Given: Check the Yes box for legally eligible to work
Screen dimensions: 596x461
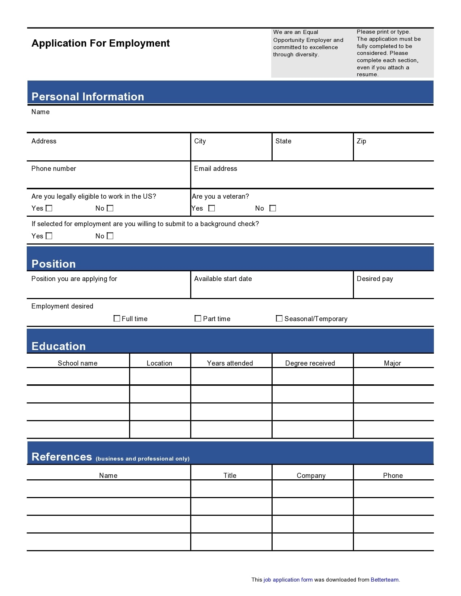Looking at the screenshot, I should (49, 208).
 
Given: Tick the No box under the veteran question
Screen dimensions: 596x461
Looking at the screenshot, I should (273, 208).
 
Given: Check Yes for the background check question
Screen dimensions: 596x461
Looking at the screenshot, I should (49, 236).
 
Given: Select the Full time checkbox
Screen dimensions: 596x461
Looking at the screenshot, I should (117, 318).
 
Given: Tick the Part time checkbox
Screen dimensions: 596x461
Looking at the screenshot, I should (198, 318).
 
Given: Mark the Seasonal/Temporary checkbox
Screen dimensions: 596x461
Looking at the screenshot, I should (279, 318).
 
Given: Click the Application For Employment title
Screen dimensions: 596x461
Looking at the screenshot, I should (101, 43).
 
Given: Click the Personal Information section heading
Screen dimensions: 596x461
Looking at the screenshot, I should (88, 96).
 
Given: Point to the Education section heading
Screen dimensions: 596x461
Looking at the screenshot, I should (59, 346).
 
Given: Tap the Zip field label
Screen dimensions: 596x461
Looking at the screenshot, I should (361, 141).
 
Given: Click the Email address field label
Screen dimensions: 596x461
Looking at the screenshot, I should (215, 169).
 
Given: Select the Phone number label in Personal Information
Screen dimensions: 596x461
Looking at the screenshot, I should (54, 169).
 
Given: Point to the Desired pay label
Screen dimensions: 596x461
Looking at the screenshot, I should (375, 279).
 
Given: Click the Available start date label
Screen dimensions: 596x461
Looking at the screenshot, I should (223, 279).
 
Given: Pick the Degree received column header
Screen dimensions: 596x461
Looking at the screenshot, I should (310, 363).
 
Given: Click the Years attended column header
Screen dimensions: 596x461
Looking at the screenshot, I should (230, 363).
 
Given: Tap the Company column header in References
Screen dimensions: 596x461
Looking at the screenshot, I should (311, 475).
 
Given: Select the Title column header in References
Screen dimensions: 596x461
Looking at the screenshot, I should (230, 475).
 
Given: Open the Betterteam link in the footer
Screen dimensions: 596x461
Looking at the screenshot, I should (384, 580).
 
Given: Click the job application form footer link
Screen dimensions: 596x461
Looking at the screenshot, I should (288, 580).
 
